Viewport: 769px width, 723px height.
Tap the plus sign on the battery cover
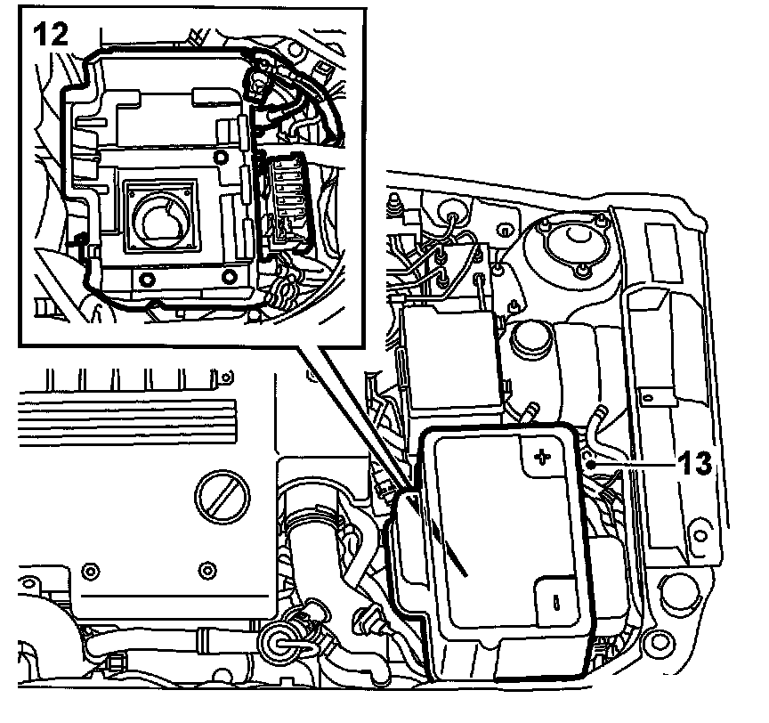click(x=541, y=458)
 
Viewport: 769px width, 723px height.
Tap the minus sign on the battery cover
click(x=556, y=602)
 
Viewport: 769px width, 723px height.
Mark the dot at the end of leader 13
click(x=590, y=464)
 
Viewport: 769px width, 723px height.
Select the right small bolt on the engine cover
click(x=207, y=568)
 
